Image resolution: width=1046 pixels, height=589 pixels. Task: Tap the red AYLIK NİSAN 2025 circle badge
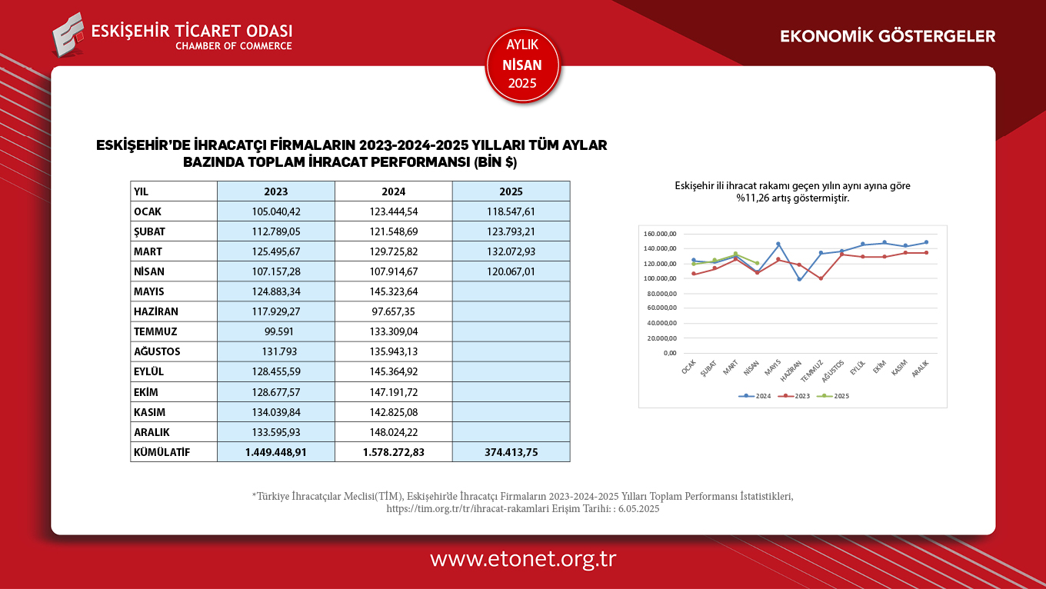522,65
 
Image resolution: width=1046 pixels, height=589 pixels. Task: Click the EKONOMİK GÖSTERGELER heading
888,36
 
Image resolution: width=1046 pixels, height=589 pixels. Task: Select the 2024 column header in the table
393,191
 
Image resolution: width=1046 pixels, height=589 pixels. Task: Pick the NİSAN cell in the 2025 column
511,271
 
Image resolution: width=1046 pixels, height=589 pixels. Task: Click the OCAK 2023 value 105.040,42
276,211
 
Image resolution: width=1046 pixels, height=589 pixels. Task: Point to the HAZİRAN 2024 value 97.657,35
393,311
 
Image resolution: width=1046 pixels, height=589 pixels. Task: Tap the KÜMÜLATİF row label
162,452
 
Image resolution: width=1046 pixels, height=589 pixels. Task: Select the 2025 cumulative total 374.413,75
511,452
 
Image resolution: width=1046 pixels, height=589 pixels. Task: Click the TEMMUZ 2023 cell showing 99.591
276,331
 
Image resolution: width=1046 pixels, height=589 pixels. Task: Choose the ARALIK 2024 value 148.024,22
393,432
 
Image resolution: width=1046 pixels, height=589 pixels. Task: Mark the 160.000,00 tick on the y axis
661,234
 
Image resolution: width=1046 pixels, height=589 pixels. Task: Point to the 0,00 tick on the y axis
670,353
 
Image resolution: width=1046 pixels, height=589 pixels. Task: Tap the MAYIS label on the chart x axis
773,369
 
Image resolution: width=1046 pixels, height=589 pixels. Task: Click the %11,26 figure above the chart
751,198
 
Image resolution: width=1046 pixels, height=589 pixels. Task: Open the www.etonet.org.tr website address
523,559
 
